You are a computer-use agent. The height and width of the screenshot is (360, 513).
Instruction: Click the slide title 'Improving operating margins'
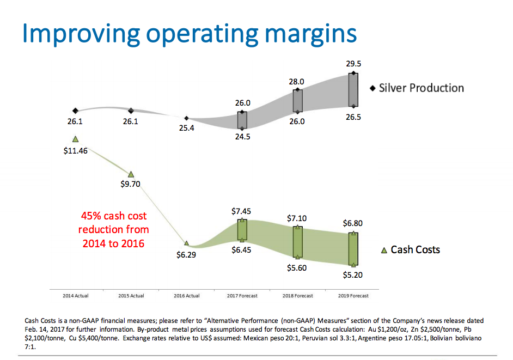(x=190, y=34)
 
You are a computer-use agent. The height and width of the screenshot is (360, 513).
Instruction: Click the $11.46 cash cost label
(x=75, y=151)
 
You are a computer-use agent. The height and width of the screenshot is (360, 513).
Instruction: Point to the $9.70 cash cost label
(x=131, y=184)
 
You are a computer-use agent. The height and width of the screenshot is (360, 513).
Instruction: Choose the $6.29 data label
(x=186, y=255)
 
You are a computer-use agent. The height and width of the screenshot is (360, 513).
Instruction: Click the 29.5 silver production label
(x=353, y=64)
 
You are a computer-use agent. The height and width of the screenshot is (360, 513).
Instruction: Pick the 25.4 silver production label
(x=186, y=130)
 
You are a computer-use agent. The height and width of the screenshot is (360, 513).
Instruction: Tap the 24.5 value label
(x=242, y=137)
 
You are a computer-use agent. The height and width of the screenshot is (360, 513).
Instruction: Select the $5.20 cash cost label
(x=353, y=275)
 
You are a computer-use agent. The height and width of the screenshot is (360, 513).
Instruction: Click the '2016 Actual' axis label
(x=187, y=296)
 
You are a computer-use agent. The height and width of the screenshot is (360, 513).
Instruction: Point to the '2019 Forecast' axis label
(x=353, y=296)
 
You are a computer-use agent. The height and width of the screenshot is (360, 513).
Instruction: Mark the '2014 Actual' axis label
(x=75, y=296)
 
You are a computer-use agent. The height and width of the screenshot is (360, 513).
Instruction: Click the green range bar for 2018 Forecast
(x=297, y=242)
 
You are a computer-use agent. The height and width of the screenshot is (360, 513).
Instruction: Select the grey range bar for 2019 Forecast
(x=353, y=89)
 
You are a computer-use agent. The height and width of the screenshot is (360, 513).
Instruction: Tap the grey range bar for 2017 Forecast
(x=242, y=120)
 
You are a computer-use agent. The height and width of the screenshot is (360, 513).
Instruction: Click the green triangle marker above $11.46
(x=75, y=139)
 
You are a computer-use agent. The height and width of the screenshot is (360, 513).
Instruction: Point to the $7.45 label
(x=242, y=210)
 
